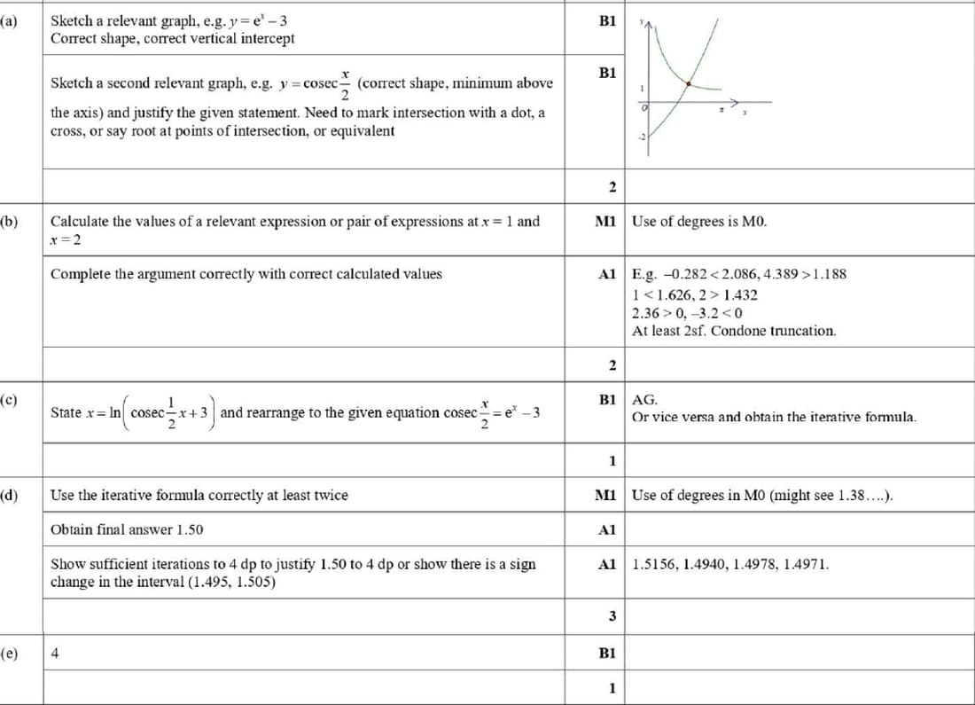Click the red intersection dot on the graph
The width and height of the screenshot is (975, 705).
(x=690, y=84)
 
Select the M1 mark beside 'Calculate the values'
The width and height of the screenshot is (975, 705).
(x=607, y=221)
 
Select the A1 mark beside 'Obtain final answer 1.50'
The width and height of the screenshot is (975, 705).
(x=607, y=529)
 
